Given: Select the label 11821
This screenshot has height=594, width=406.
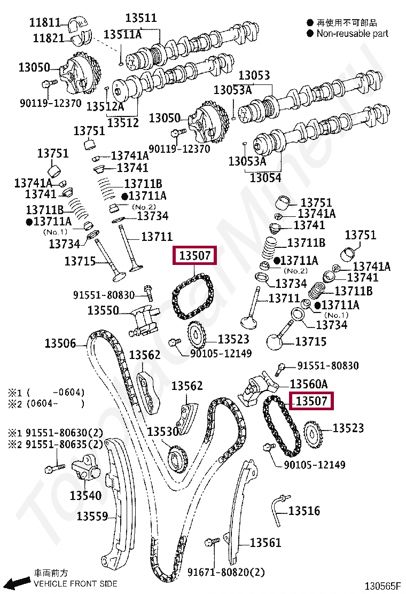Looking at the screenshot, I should click(49, 38).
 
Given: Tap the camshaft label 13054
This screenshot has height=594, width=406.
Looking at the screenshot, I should click(266, 177).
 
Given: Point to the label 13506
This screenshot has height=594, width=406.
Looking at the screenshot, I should click(60, 343).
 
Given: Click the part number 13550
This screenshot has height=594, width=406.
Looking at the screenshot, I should click(103, 310).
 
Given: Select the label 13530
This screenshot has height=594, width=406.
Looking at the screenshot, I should click(162, 432).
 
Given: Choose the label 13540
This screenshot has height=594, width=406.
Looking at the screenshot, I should click(85, 495).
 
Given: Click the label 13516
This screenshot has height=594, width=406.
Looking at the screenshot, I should click(304, 511).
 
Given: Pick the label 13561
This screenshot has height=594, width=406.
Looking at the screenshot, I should click(266, 543).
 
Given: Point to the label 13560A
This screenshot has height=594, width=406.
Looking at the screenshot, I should click(309, 384).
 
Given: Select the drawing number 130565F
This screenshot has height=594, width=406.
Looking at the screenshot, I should click(382, 586).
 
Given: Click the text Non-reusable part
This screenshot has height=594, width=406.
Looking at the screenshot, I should click(353, 34).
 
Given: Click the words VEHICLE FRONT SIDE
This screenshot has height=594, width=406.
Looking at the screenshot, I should click(75, 583).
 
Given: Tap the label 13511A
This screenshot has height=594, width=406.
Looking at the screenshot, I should click(122, 35).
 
